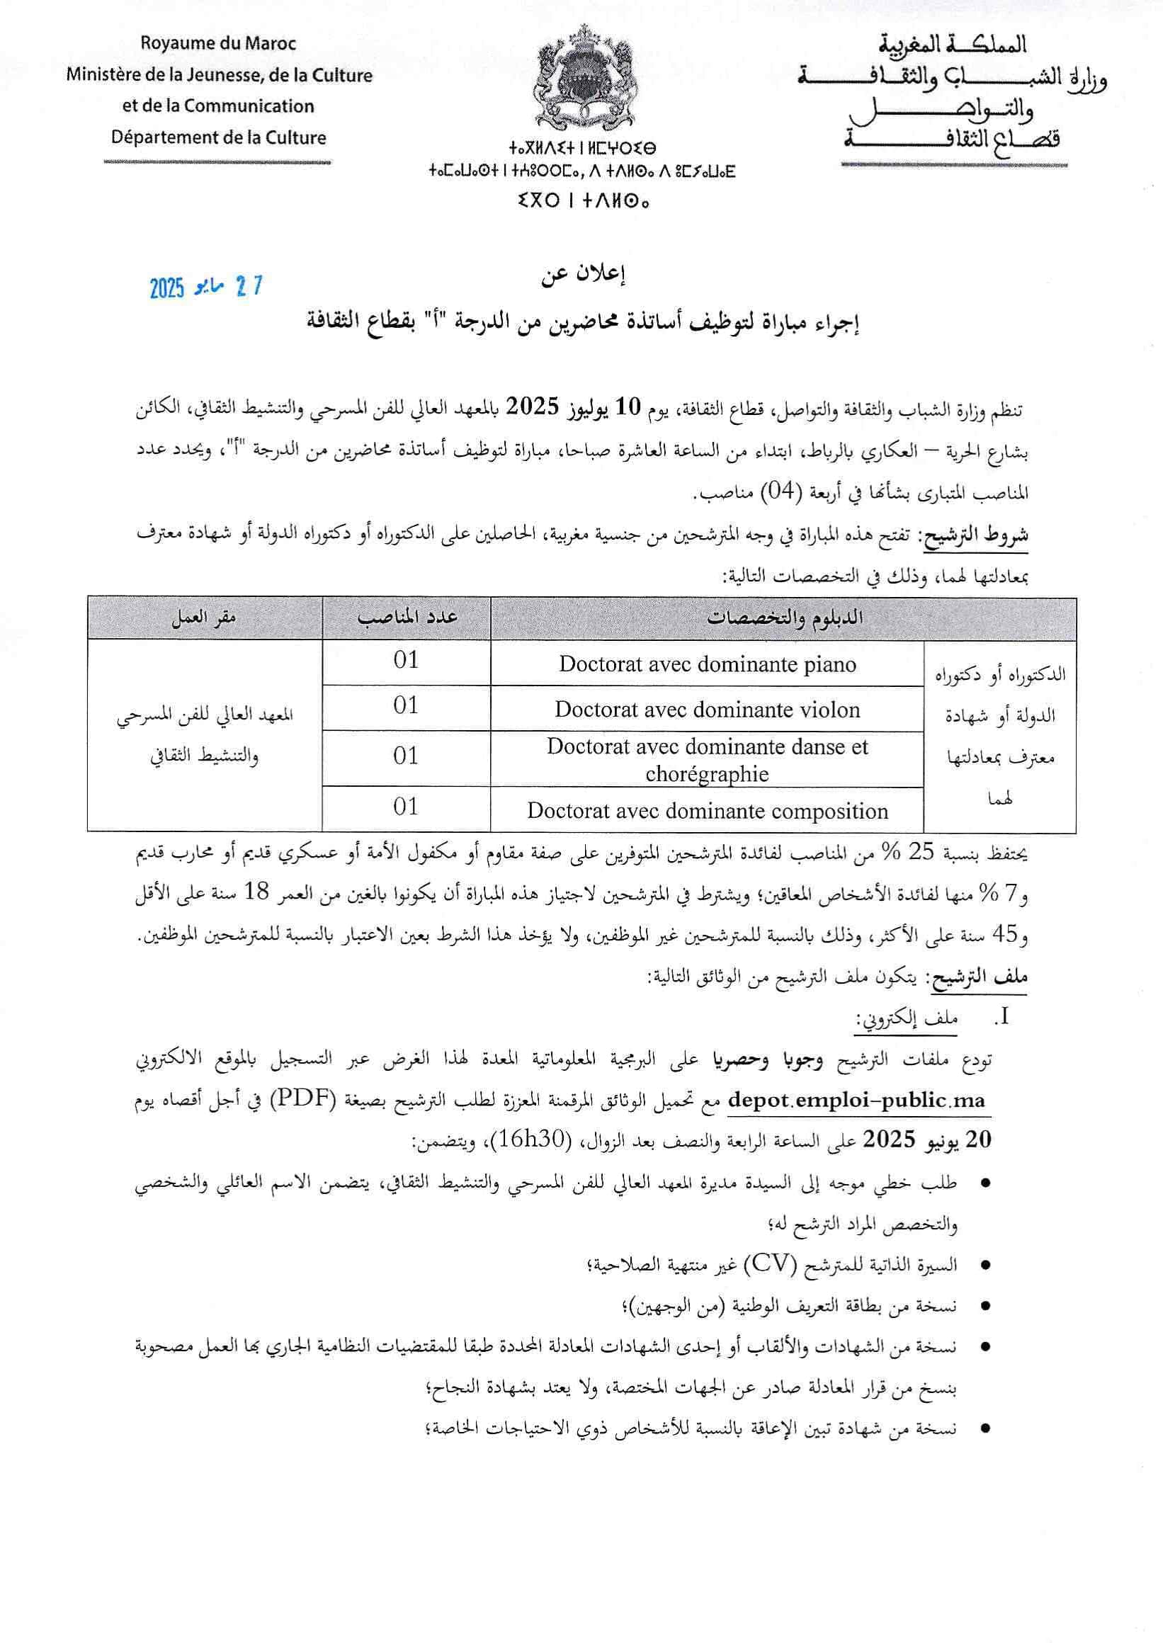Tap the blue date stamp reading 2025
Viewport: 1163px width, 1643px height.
point(206,288)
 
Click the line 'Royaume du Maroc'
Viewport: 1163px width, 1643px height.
point(218,44)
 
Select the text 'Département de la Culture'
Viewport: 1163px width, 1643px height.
point(218,137)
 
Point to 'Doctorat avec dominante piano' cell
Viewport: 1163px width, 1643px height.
point(707,664)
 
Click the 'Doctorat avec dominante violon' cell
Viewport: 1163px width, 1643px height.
point(707,710)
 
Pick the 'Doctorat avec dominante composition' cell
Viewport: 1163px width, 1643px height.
point(707,811)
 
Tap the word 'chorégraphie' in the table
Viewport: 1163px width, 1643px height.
point(707,774)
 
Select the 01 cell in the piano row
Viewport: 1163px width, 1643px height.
point(406,660)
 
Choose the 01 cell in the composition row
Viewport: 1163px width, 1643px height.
point(406,807)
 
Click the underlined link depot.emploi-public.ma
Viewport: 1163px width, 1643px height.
point(856,1101)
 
